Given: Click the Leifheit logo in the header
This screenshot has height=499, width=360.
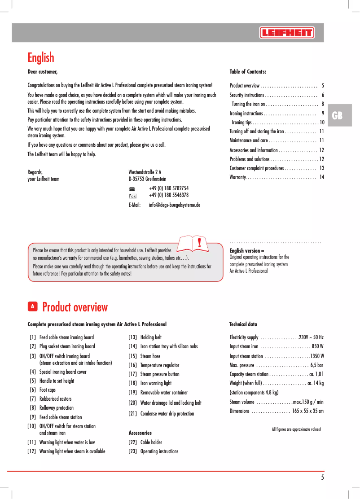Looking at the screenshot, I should (x=286, y=33).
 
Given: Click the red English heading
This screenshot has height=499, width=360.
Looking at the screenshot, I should (x=41, y=57).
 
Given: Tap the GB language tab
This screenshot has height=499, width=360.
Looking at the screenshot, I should (x=337, y=116).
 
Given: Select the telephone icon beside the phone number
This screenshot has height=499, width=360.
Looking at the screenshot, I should (x=132, y=189).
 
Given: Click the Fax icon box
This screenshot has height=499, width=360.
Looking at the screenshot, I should (x=132, y=196).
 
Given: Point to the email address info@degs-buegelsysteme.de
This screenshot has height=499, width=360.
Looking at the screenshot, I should (x=174, y=205).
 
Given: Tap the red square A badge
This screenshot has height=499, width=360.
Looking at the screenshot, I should (x=32, y=306).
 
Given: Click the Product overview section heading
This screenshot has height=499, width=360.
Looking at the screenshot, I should (x=75, y=307).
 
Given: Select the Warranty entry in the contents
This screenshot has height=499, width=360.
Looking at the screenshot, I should (x=237, y=178).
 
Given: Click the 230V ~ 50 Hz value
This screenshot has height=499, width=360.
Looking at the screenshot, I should (x=311, y=337).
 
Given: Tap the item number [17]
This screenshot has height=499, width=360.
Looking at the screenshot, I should (x=133, y=374).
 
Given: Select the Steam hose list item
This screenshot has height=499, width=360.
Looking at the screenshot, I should (x=150, y=356).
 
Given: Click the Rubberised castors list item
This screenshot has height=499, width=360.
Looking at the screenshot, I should (x=55, y=399).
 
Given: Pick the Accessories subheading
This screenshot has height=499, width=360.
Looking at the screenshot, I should (x=140, y=433).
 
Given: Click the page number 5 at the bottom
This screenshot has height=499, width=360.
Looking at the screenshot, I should (x=322, y=477).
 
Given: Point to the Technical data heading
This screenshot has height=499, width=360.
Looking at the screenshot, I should (x=243, y=324).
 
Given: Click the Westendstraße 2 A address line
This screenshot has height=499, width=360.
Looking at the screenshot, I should (x=145, y=172).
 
